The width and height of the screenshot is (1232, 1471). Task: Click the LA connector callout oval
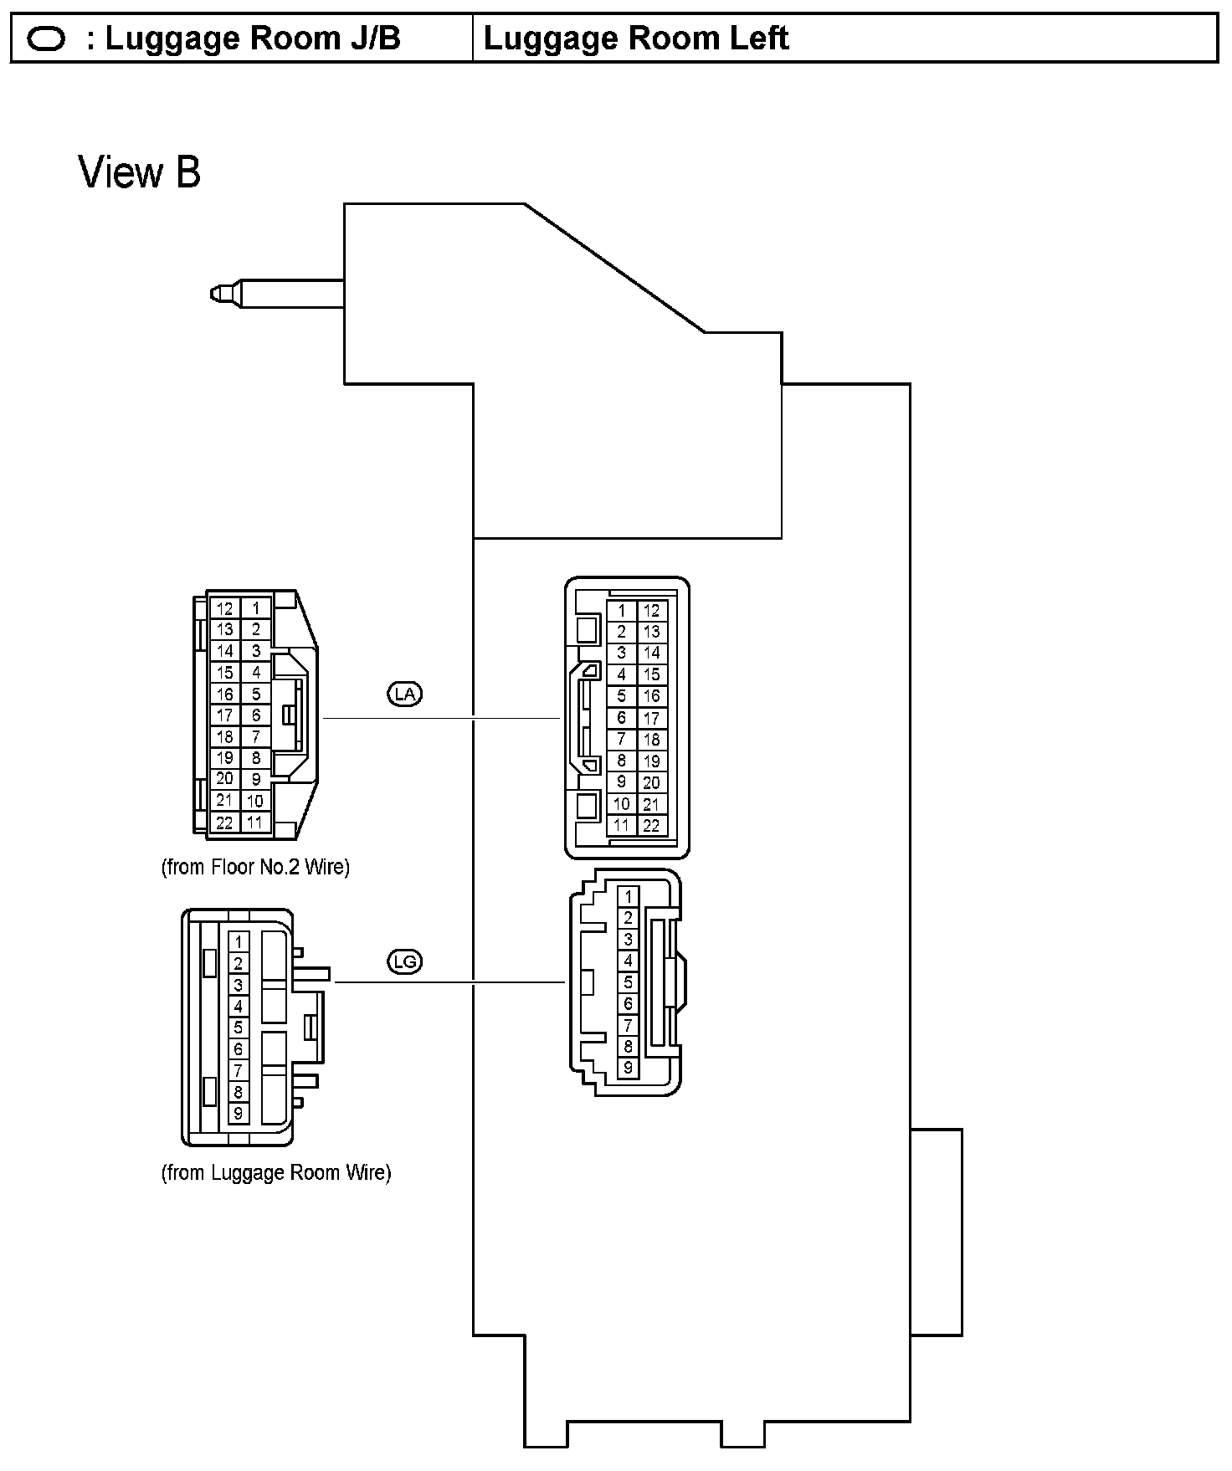[x=405, y=694]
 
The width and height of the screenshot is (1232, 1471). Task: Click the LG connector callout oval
[x=405, y=962]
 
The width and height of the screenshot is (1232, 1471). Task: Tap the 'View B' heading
[x=140, y=172]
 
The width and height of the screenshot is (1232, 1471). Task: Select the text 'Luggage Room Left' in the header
[x=636, y=38]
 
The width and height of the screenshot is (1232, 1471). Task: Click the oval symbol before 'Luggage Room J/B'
[x=46, y=39]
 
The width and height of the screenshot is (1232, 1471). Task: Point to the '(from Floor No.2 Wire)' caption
[x=255, y=867]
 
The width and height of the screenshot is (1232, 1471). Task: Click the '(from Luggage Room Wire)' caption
[x=276, y=1172]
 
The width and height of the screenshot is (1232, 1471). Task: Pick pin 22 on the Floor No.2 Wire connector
[x=224, y=823]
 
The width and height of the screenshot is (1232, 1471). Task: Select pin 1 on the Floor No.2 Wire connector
[x=256, y=609]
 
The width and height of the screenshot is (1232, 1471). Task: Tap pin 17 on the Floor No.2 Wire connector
[x=224, y=715]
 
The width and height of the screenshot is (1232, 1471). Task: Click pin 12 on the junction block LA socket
[x=652, y=611]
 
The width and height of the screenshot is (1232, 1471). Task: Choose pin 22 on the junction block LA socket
[x=652, y=825]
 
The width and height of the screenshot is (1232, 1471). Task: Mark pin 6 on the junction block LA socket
[x=621, y=718]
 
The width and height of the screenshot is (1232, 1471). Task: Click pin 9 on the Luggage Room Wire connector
[x=239, y=1113]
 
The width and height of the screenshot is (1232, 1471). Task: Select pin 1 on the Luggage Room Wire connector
[x=239, y=941]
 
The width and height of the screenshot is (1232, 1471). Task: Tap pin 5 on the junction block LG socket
[x=628, y=982]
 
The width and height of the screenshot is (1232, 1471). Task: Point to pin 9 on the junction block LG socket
[x=628, y=1068]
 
